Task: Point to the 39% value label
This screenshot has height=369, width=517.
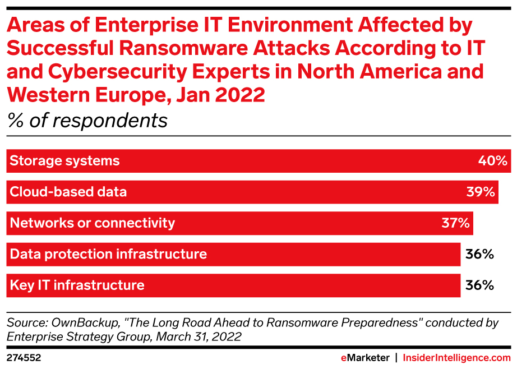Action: click(x=481, y=192)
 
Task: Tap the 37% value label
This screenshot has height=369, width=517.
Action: click(x=455, y=223)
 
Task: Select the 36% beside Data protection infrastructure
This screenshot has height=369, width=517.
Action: click(x=479, y=254)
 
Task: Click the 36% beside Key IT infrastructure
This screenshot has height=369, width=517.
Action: click(x=479, y=285)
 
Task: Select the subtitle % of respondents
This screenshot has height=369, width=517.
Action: click(x=87, y=121)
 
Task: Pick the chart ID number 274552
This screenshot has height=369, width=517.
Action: click(x=24, y=357)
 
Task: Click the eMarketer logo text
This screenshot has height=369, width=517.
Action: click(x=365, y=357)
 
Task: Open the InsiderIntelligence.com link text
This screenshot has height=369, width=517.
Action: click(x=457, y=357)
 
